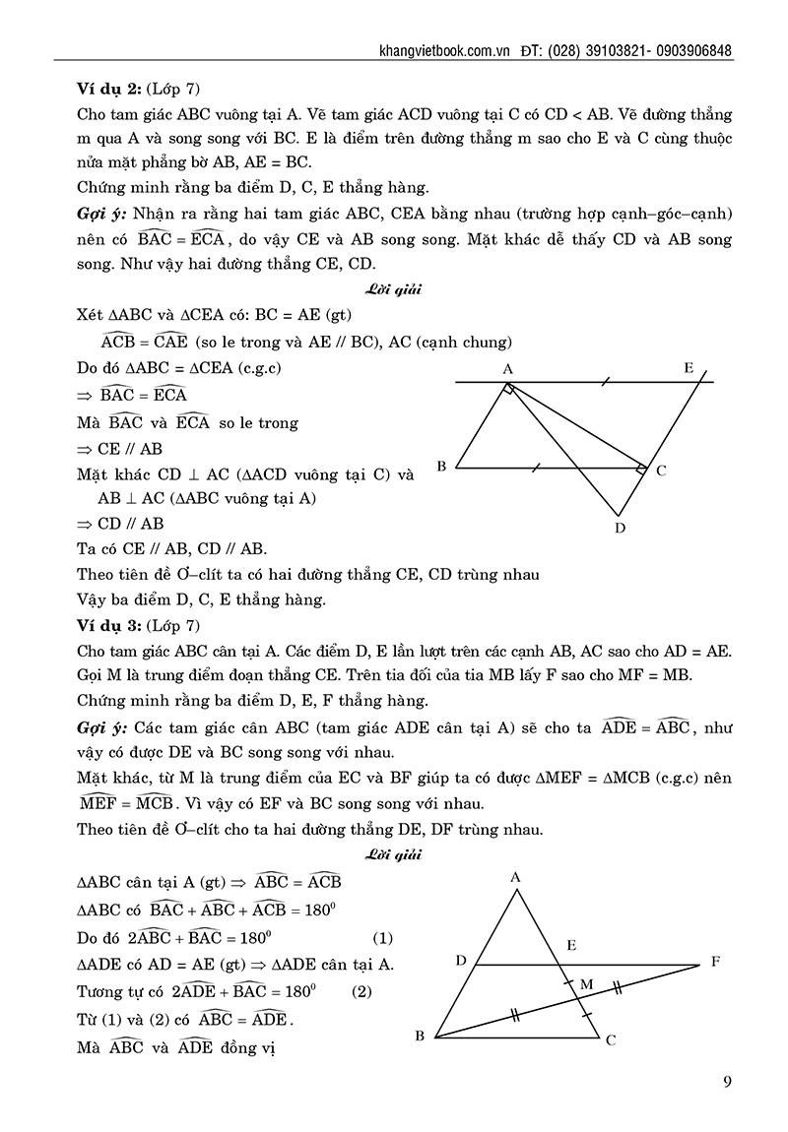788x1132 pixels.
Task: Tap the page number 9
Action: click(x=726, y=1083)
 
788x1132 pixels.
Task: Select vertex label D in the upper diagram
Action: click(x=619, y=528)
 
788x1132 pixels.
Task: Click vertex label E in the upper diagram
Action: click(x=689, y=369)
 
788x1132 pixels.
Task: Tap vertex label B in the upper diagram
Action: click(x=442, y=467)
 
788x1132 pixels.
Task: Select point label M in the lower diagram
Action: click(x=586, y=983)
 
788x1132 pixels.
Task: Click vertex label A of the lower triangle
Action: click(x=515, y=877)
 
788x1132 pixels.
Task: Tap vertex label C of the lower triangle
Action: click(x=611, y=1038)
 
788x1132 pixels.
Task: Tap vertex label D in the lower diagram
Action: click(x=460, y=960)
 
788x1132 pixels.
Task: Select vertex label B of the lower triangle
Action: click(x=419, y=1036)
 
